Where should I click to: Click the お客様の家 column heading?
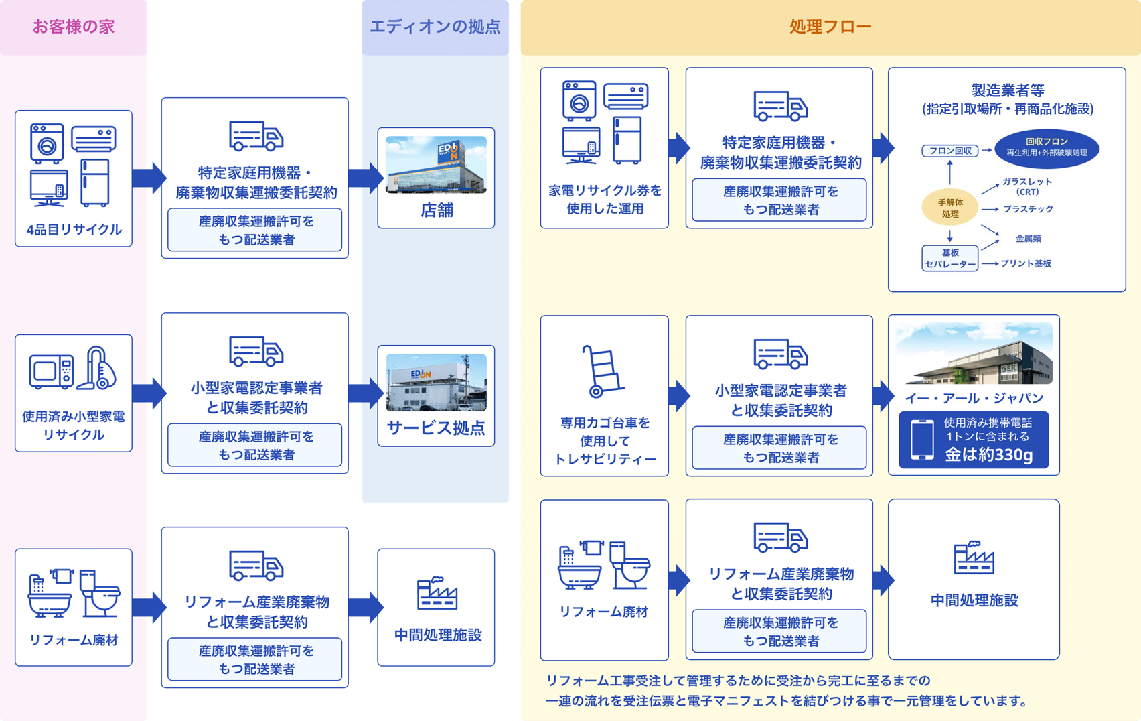74,27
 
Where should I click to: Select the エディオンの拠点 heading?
435,27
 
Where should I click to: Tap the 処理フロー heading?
830,27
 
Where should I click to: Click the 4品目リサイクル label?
74,230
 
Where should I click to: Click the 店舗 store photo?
436,165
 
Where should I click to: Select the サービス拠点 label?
436,428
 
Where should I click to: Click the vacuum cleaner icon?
98,368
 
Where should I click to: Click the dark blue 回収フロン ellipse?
1047,148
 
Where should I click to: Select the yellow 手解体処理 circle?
950,208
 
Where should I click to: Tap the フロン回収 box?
950,151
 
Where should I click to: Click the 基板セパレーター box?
950,259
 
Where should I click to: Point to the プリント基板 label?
1026,263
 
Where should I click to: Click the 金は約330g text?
988,455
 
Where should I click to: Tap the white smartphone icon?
922,440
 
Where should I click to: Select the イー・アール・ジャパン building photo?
974,354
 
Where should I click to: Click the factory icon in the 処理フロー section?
974,558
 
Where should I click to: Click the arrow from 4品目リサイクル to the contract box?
148,178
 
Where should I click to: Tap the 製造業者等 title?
1007,90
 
